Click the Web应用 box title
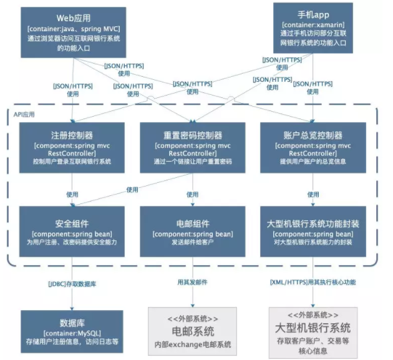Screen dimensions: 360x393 73,17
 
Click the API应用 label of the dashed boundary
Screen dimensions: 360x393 24,115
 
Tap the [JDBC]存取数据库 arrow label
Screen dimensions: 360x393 72,283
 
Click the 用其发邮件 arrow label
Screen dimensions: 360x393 192,282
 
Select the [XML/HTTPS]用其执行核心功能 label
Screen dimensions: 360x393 313,282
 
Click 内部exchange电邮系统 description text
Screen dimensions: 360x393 192,344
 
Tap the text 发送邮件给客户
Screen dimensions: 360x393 192,241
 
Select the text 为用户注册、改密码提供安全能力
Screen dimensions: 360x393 72,241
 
